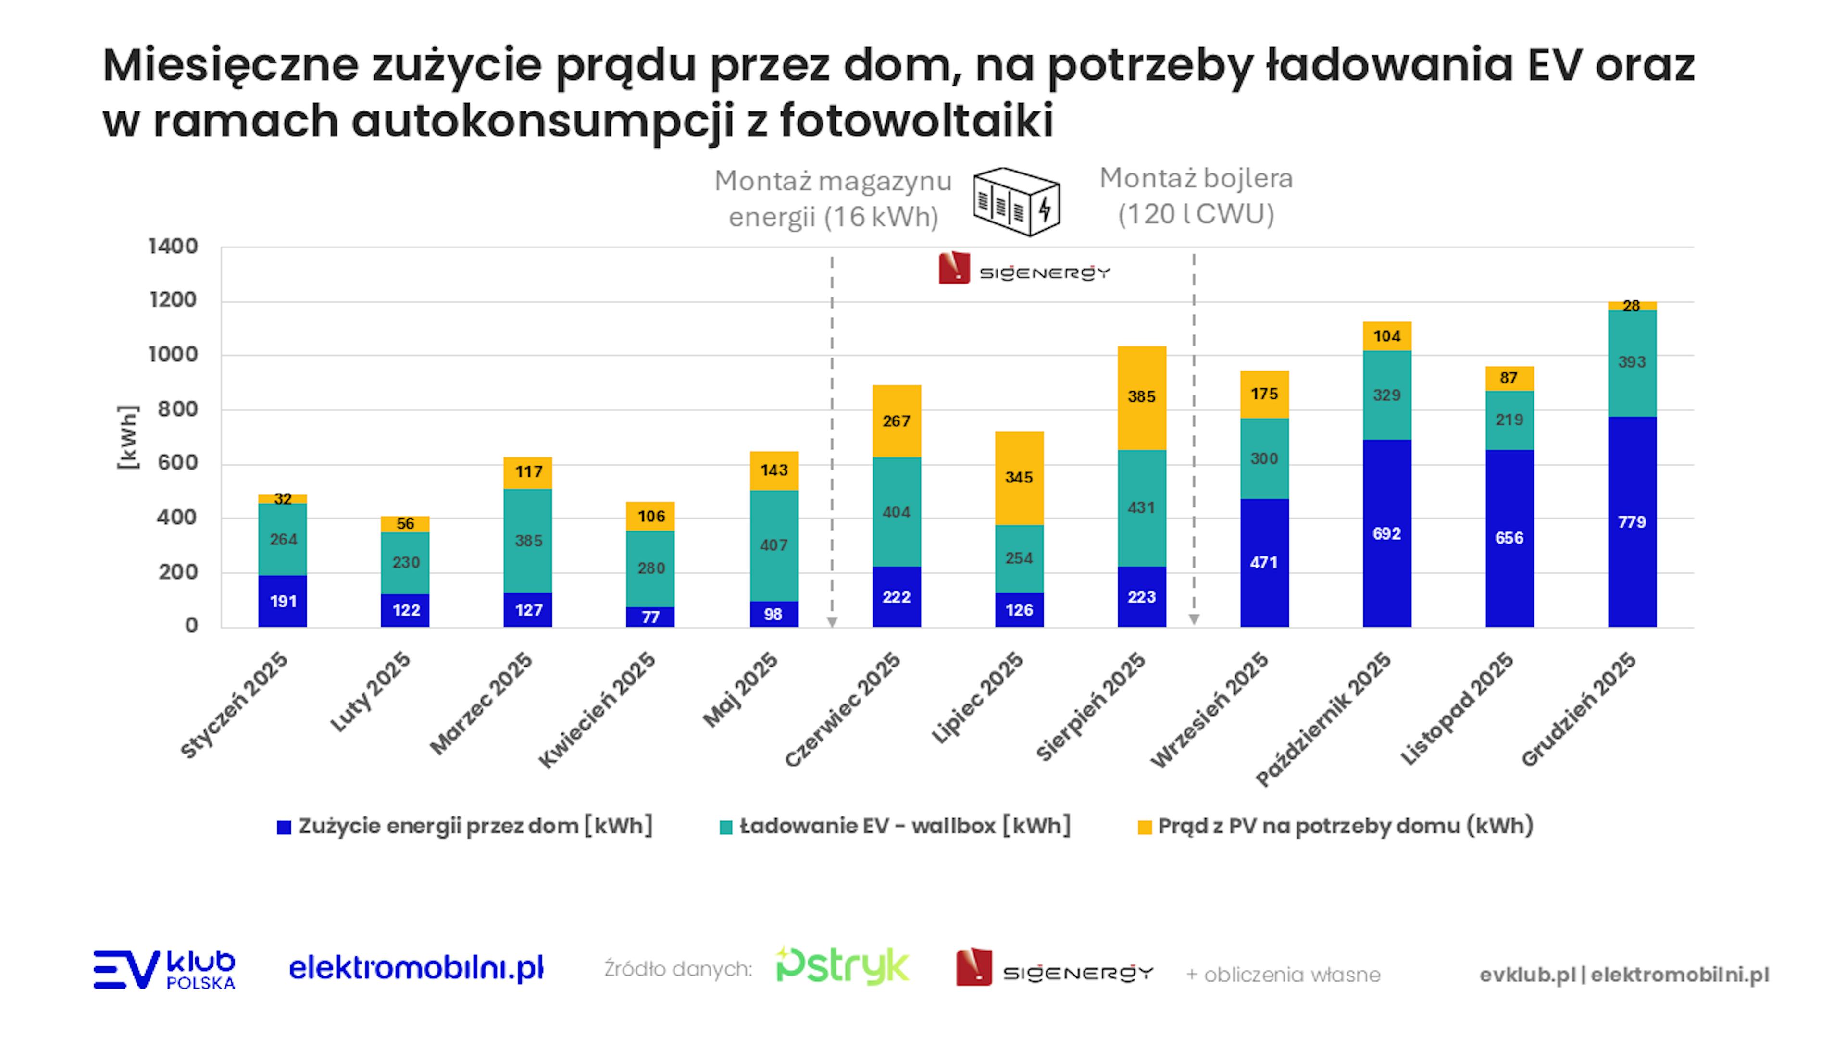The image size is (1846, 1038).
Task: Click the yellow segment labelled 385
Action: tap(1142, 397)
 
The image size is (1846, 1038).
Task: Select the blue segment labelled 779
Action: tap(1632, 521)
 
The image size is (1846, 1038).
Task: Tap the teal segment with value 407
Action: tap(774, 545)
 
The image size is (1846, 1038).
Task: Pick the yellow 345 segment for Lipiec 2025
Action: tap(1019, 478)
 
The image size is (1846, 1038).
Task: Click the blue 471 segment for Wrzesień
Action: tap(1264, 562)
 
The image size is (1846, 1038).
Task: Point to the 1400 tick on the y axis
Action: tap(173, 247)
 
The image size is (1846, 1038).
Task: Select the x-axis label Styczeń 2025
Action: tap(234, 705)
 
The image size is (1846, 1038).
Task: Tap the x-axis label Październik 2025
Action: tap(1323, 718)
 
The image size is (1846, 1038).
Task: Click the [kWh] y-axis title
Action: tap(127, 437)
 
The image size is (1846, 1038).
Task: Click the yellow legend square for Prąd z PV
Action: tap(1145, 828)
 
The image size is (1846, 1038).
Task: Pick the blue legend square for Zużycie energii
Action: tap(284, 828)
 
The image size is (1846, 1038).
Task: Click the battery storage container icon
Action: tap(1016, 201)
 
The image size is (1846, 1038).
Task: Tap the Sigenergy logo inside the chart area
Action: tap(1024, 269)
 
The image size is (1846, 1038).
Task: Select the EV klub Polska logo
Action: tap(164, 969)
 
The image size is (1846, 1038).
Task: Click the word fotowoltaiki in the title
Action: tap(917, 120)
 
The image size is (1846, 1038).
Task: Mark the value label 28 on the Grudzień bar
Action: tap(1632, 306)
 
